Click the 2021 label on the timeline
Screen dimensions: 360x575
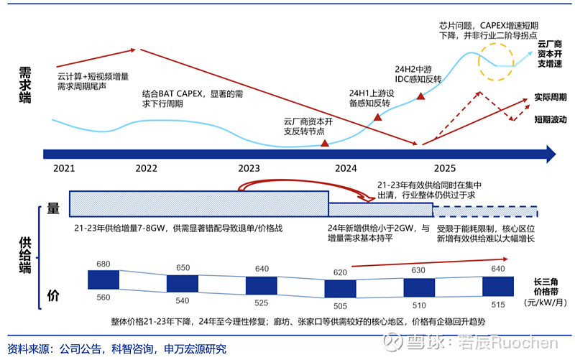tap(64, 168)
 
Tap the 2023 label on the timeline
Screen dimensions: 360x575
tap(249, 168)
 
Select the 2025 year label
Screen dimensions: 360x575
tap(444, 168)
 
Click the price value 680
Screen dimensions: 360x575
tap(103, 264)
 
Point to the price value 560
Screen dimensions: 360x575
tap(103, 297)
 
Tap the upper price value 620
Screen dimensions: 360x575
tap(340, 273)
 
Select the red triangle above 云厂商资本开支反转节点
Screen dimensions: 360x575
tap(325, 144)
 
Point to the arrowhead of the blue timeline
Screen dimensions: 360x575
tap(550, 153)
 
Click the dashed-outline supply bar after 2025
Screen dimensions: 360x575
tap(486, 211)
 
